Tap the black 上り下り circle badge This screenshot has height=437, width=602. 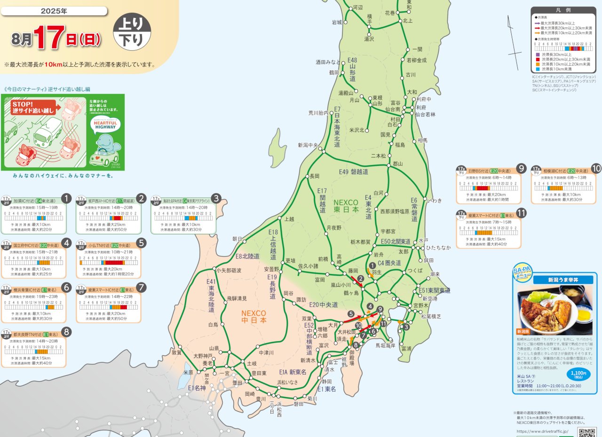132,32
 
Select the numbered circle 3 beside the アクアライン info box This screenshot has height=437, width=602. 216,198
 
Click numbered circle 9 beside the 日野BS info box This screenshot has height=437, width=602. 521,168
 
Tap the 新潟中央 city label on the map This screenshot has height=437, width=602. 308,145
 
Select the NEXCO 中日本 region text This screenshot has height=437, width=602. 253,316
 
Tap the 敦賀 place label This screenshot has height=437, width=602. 176,352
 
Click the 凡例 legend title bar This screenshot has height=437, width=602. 563,10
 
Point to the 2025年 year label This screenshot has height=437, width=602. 54,10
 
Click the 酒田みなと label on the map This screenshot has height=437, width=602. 328,62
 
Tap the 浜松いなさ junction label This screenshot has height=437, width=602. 287,382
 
